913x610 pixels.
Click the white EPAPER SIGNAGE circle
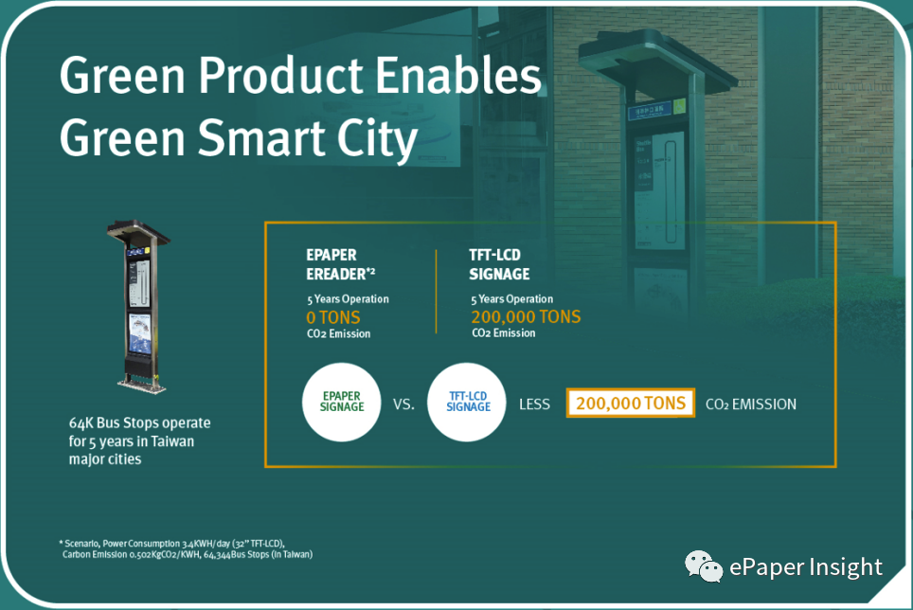342,403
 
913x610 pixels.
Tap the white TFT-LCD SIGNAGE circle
466,403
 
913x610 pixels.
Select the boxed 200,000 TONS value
631,403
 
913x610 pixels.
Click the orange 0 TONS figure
333,317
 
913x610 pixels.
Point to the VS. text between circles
403,404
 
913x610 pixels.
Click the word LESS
534,404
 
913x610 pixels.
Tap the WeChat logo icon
704,565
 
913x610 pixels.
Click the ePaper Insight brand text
806,567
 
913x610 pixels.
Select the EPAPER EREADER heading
341,264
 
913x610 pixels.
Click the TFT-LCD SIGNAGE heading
499,264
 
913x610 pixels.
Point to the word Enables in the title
458,75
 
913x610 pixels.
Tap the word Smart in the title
261,137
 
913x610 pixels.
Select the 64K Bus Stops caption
140,440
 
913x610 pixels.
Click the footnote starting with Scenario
186,548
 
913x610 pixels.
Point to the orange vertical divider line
436,292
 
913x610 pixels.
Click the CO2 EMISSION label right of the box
750,404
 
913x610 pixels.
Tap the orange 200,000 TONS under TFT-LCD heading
526,316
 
